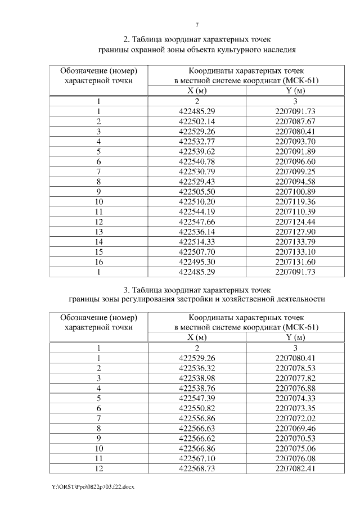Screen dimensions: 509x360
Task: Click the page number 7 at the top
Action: (x=197, y=25)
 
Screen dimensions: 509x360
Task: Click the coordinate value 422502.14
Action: (x=197, y=121)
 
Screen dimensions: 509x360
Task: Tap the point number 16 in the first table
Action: (x=98, y=262)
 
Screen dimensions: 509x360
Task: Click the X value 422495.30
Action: (x=197, y=262)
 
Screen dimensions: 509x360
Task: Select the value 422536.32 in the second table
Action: (x=197, y=367)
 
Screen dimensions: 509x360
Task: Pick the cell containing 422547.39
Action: (x=197, y=398)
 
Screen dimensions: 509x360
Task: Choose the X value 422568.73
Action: (x=197, y=469)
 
